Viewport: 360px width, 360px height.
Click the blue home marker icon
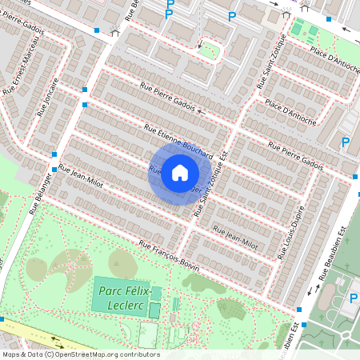tap(180, 173)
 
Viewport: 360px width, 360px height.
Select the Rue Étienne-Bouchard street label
tap(178, 138)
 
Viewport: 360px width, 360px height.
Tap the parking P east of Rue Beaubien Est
tap(354, 299)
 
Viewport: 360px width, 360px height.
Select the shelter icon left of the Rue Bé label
tap(116, 32)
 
